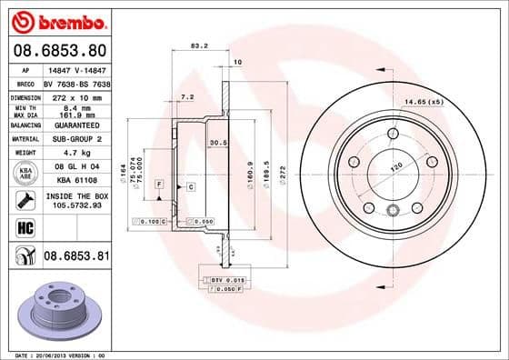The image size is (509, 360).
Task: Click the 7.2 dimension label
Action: [188, 96]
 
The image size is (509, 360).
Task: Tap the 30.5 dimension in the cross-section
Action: [218, 143]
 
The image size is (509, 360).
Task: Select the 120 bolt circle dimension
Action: [397, 168]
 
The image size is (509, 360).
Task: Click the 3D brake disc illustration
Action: [56, 309]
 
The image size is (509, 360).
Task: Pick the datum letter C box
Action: [191, 186]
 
